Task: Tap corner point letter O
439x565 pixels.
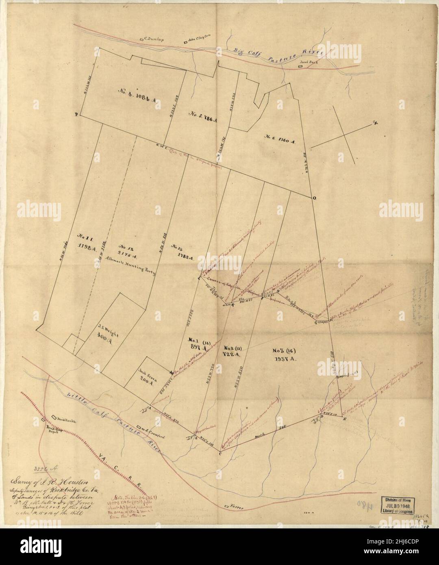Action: point(314,198)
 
